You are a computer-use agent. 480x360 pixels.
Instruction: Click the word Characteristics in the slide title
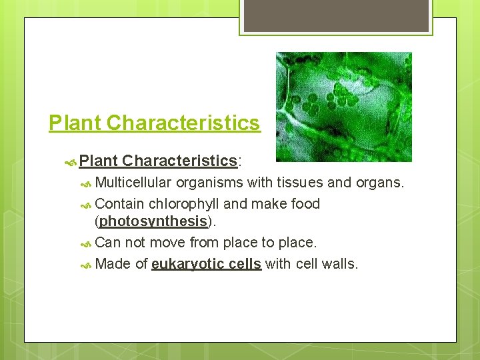tap(183, 123)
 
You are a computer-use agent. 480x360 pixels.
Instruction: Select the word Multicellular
tap(133, 183)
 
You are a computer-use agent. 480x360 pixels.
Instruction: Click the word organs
tap(379, 183)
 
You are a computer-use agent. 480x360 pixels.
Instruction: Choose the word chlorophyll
tap(184, 204)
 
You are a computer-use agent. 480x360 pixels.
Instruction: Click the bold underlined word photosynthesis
tap(153, 221)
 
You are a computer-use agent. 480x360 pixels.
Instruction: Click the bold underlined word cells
tap(243, 264)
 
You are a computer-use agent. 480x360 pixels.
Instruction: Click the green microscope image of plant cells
tap(343, 107)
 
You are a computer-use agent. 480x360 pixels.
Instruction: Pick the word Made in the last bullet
tap(113, 264)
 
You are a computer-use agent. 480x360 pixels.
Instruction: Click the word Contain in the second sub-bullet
tap(120, 204)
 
